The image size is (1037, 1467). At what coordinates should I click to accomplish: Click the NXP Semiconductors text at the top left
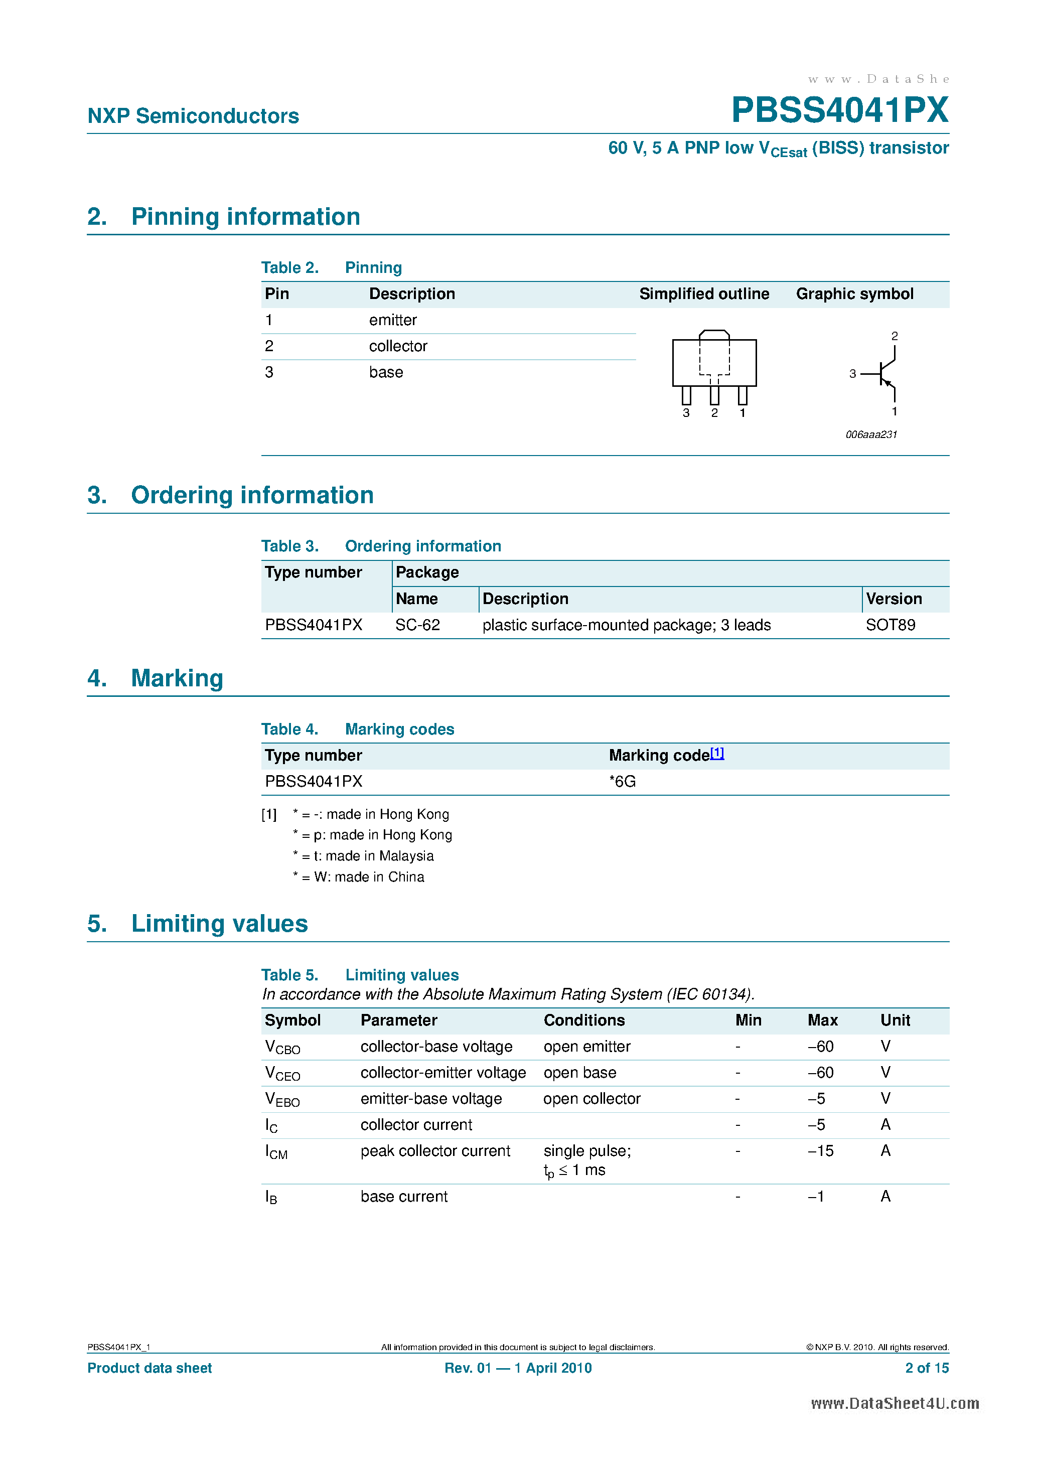point(193,116)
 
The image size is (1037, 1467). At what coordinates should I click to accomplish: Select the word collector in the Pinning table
point(397,346)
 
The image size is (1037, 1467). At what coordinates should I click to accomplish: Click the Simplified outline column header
point(703,294)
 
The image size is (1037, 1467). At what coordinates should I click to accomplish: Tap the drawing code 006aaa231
point(871,434)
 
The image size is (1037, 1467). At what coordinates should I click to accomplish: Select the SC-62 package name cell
point(417,625)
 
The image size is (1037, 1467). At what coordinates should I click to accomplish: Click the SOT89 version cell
point(890,625)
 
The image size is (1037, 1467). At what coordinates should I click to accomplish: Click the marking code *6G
point(622,782)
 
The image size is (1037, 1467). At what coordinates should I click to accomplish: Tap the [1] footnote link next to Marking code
point(717,753)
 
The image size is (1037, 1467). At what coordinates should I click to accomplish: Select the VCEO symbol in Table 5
point(282,1074)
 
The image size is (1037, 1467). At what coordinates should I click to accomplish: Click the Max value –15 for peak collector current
point(820,1151)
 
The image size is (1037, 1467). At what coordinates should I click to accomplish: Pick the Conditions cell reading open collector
point(591,1099)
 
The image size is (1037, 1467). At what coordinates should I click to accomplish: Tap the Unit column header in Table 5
point(895,1020)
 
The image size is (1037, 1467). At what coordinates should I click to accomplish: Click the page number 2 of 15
point(927,1368)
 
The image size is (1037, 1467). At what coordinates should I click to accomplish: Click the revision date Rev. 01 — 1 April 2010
point(518,1368)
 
